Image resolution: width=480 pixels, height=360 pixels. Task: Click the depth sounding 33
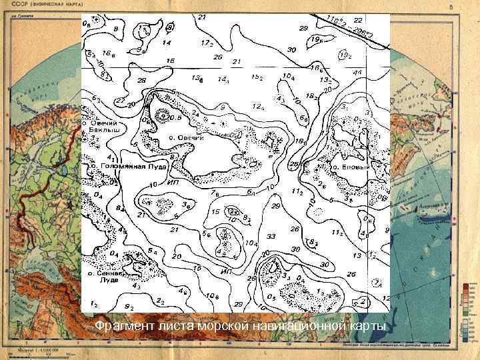271,237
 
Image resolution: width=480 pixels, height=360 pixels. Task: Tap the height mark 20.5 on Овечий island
175,117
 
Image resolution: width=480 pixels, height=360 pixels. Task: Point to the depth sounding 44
358,72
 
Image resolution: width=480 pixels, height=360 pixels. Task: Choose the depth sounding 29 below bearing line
303,29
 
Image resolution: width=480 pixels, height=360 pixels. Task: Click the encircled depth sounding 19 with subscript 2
345,55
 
